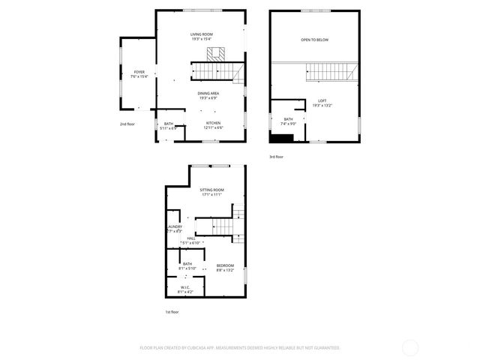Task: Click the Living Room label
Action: (201, 34)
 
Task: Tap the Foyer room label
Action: (139, 72)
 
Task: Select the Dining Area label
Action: (208, 93)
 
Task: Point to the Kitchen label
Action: (213, 122)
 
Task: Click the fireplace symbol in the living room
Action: (217, 53)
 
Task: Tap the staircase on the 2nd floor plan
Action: (216, 71)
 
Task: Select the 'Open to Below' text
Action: (314, 40)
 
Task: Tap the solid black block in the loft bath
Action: (282, 137)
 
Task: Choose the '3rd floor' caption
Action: (277, 157)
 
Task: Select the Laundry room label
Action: (174, 226)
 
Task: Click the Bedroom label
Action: (225, 265)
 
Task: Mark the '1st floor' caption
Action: (172, 311)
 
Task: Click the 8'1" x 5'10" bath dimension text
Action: (187, 268)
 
